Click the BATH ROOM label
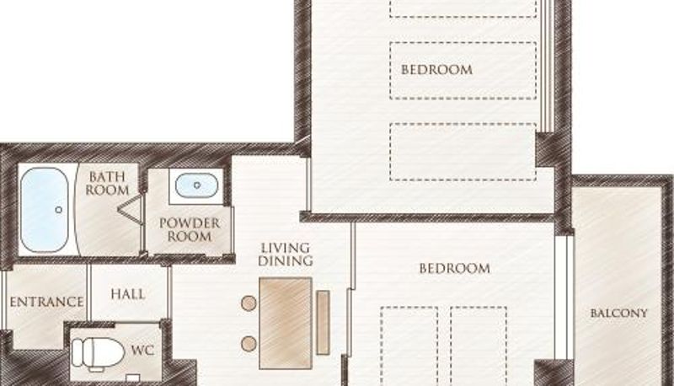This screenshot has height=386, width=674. (107, 183)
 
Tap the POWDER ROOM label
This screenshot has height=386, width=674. (190, 229)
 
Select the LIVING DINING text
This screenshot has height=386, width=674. (286, 254)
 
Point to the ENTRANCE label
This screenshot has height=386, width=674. (46, 302)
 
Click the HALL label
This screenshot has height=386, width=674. (128, 294)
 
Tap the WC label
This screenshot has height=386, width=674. (142, 350)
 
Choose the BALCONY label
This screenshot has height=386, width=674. (618, 313)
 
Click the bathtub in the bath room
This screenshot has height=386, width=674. (45, 210)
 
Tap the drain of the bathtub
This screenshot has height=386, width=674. (58, 210)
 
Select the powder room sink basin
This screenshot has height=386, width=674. (196, 185)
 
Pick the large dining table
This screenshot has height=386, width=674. (286, 323)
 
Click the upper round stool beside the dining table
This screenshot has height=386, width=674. (249, 303)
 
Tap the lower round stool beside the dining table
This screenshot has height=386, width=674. (249, 344)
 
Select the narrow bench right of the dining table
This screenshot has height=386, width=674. (324, 323)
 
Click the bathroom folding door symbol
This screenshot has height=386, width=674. (131, 209)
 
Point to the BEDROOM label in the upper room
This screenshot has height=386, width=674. (436, 70)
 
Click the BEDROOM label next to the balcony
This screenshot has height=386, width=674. (454, 269)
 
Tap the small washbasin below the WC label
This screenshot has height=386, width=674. (133, 378)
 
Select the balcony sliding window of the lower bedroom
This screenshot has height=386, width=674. (564, 297)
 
